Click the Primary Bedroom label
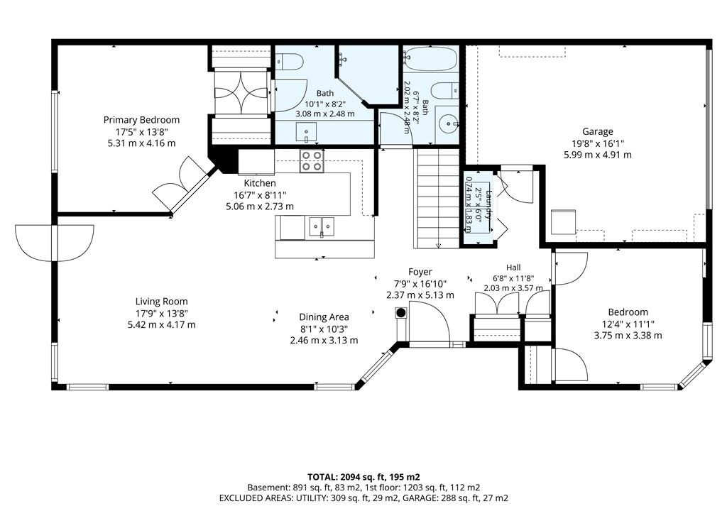pos(141,120)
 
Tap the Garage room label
pos(598,132)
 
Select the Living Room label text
pos(161,302)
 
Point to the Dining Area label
pos(324,317)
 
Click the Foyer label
pos(420,272)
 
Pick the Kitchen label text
pos(260,183)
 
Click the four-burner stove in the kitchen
pos(311,161)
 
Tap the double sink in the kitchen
pos(322,226)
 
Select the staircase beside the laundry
pos(437,199)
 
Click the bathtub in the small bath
pos(430,59)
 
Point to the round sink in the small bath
pos(448,123)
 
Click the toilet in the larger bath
pos(289,61)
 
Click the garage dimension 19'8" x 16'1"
pos(597,143)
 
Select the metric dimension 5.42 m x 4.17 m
pos(161,324)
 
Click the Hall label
pos(513,268)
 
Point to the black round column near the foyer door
pos(401,312)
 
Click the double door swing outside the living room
pos(55,243)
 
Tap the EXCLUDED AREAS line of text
pos(363,498)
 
